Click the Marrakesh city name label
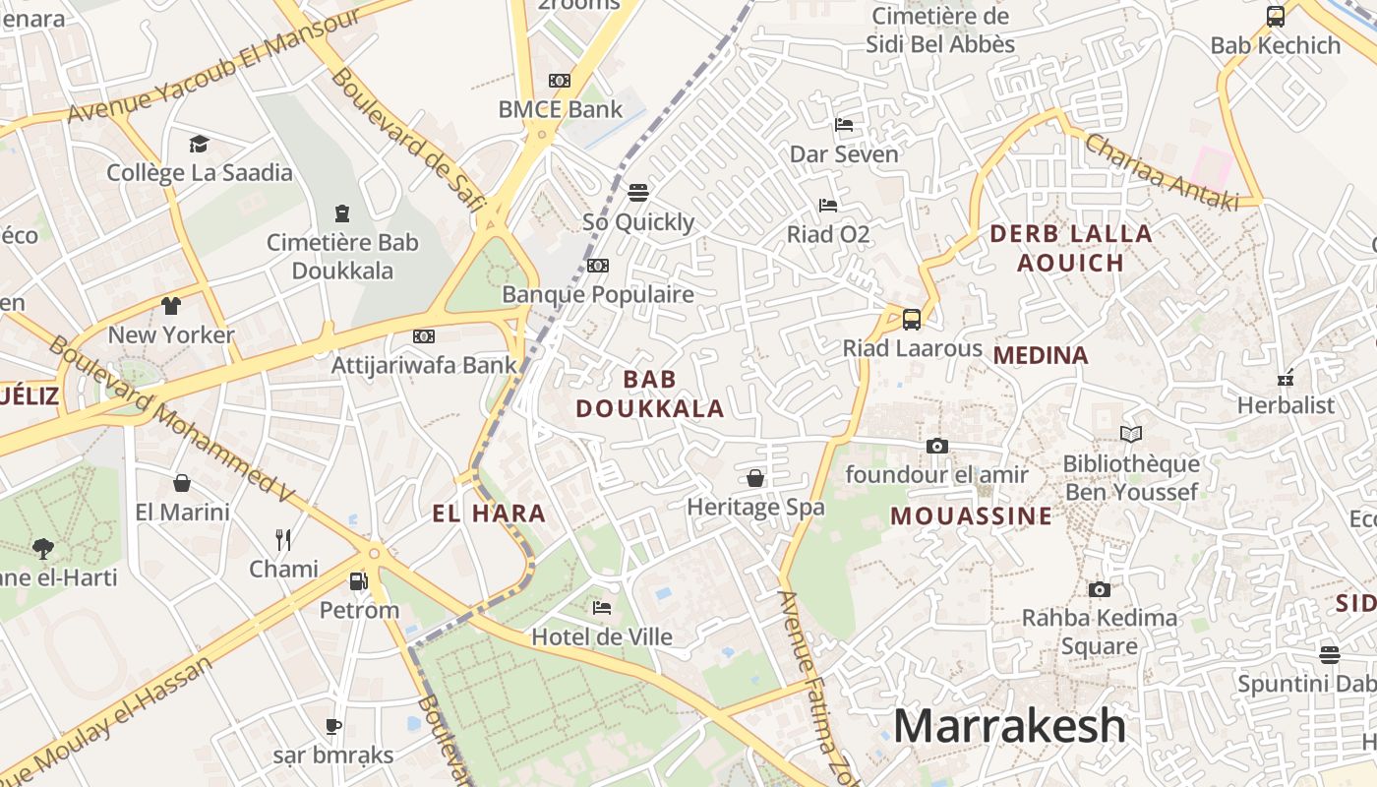(x=1009, y=727)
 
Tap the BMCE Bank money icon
(x=560, y=81)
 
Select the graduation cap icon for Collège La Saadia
(x=200, y=145)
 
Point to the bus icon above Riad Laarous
(x=912, y=319)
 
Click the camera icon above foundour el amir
(x=936, y=446)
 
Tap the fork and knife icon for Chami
(x=283, y=539)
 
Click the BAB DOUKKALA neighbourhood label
(x=650, y=393)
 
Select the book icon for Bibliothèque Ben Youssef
(x=1131, y=434)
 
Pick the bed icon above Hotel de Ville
(x=602, y=608)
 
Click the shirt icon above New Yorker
(x=171, y=305)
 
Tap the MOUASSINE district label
(x=971, y=516)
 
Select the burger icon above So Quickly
(x=638, y=192)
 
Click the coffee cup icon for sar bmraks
(x=333, y=726)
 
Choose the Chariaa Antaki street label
(x=1161, y=172)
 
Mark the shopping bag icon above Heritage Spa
(x=755, y=478)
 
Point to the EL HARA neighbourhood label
(x=489, y=514)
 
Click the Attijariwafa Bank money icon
(x=424, y=336)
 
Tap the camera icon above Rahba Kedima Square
(x=1099, y=589)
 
